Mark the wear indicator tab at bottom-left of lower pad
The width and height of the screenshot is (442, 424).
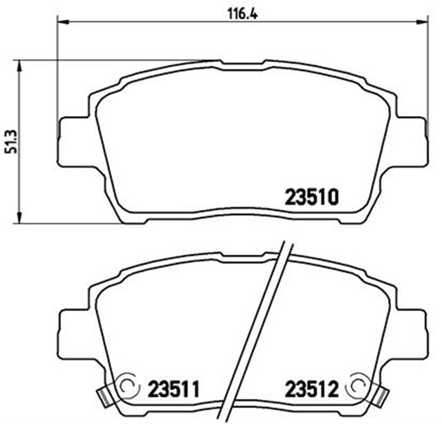pos(103,397)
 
